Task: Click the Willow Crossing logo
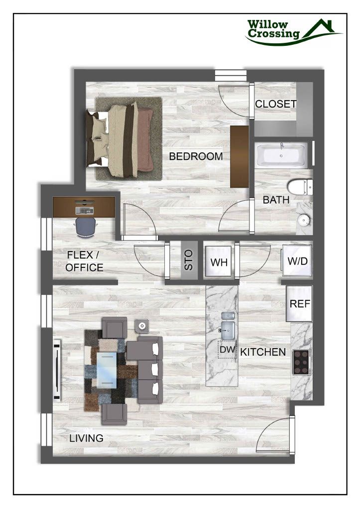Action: [x=294, y=31]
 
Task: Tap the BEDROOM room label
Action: [x=196, y=156]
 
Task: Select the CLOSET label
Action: [x=275, y=105]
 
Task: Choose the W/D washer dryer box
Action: [x=297, y=260]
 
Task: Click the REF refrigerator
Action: [x=298, y=303]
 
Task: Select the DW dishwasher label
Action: [x=227, y=350]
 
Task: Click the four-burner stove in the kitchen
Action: [x=301, y=362]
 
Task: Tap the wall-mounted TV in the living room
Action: [x=57, y=369]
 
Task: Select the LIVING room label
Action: [x=86, y=438]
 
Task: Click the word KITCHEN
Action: [x=263, y=352]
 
